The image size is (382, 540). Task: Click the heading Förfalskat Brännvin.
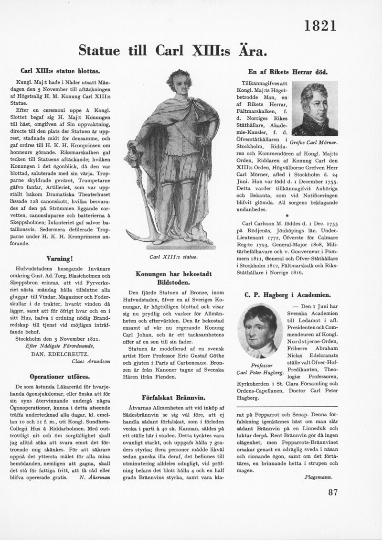173,397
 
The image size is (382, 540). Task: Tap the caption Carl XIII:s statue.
173,257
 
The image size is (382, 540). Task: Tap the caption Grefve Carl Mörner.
314,142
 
